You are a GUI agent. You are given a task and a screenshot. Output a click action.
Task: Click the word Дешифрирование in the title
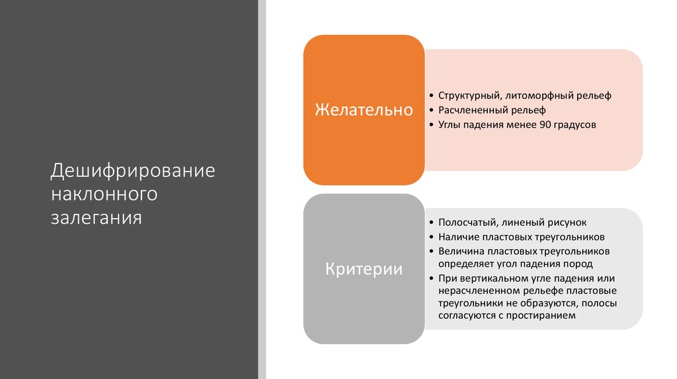coord(134,170)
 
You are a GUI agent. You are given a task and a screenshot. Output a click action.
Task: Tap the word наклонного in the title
coord(104,193)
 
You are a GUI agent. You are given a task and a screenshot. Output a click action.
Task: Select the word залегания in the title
coord(97,217)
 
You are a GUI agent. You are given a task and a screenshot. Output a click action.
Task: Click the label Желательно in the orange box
coord(364,110)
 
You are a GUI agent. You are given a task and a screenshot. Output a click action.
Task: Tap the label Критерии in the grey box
coord(364,269)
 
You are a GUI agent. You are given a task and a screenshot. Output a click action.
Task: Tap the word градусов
coord(573,123)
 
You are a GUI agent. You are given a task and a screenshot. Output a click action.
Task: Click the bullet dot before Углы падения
coord(430,124)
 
